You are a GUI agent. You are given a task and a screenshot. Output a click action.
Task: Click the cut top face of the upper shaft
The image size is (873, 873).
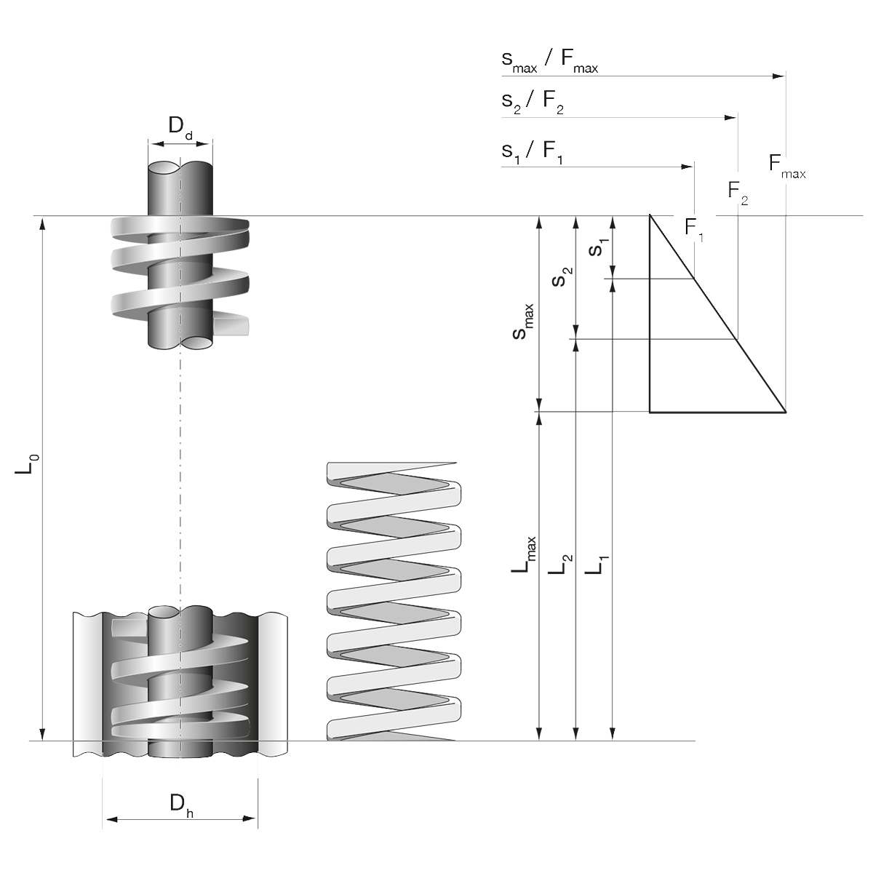coord(179,170)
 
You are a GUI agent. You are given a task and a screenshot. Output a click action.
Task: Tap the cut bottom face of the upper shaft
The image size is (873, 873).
coord(180,341)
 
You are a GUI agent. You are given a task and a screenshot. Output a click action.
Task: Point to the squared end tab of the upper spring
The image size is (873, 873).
coord(234,308)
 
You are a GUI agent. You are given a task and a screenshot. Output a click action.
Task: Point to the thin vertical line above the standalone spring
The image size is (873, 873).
coord(453,415)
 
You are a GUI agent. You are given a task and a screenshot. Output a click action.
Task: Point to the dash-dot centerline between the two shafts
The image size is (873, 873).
coord(180,473)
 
